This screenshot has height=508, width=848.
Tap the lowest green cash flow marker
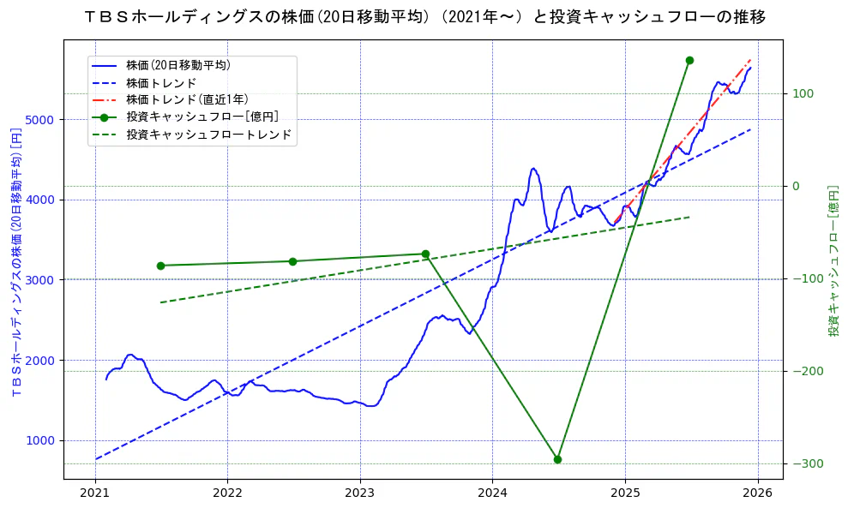557,459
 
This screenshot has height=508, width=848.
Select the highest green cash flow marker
689,60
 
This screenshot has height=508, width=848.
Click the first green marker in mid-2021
160,266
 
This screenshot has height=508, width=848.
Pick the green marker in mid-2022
292,261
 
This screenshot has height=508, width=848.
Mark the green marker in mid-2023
425,254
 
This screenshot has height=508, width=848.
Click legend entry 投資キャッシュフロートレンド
208,134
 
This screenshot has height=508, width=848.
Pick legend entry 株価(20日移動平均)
177,64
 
